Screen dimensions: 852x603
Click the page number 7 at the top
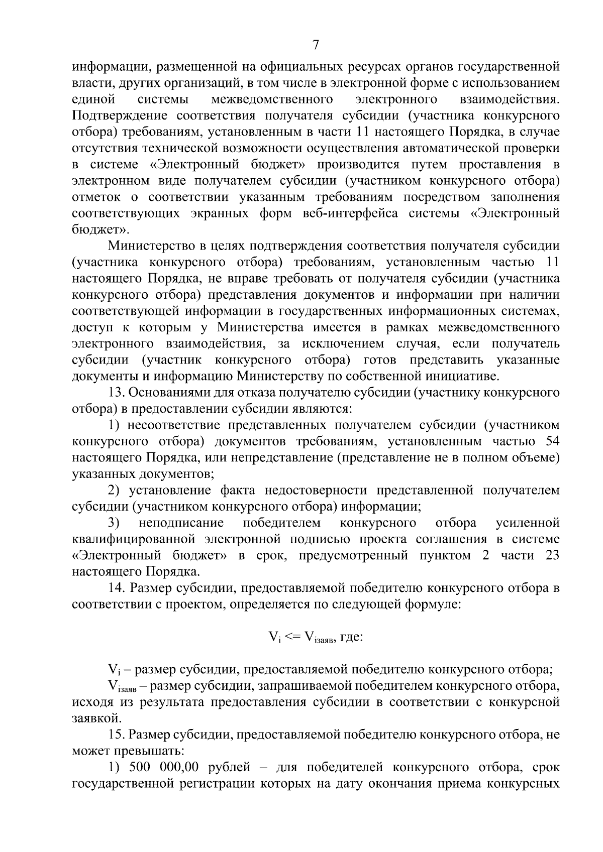tap(316, 45)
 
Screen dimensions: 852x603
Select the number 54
tap(551, 442)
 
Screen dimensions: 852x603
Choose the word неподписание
tap(181, 523)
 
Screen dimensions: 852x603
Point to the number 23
tap(551, 556)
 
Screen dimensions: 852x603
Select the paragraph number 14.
tap(117, 588)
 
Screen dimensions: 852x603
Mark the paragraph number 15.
tap(117, 735)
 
